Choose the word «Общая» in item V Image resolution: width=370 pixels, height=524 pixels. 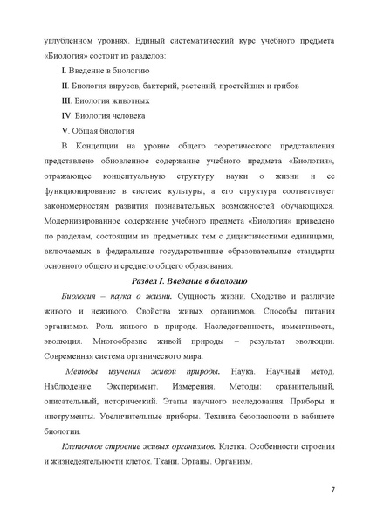[x=89, y=130]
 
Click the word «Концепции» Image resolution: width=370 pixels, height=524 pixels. [x=106, y=146]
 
